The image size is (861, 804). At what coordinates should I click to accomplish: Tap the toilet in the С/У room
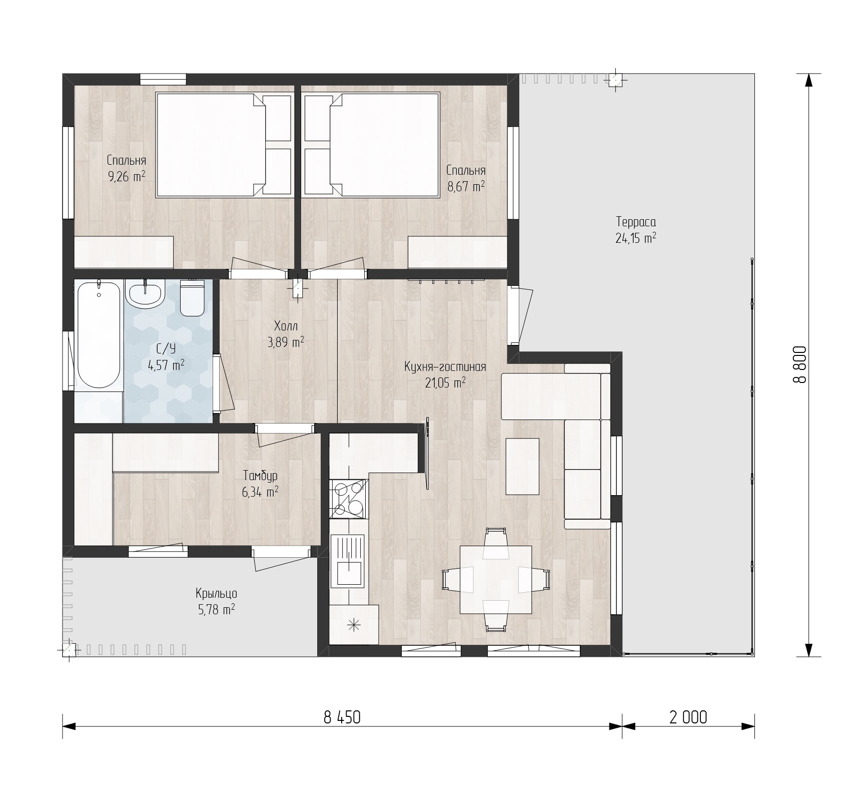click(x=193, y=298)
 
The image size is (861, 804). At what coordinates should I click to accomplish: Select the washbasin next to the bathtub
click(x=145, y=293)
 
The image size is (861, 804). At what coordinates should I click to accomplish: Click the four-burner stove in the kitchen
click(x=348, y=499)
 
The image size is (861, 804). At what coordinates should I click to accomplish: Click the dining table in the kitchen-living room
click(x=496, y=579)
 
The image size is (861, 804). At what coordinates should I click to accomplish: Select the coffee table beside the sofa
click(x=522, y=466)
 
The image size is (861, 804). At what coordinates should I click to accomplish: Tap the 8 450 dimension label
click(x=342, y=717)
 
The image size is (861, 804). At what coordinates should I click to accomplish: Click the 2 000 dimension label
click(x=688, y=717)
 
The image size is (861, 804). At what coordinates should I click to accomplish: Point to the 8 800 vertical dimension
click(x=800, y=364)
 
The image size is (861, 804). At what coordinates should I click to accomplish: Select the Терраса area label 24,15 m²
click(x=636, y=238)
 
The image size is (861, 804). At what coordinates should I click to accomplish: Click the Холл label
click(x=286, y=326)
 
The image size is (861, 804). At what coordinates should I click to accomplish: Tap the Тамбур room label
click(x=260, y=476)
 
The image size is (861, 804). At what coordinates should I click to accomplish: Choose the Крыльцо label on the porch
click(x=216, y=594)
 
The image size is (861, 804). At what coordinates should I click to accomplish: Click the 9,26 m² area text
click(x=127, y=176)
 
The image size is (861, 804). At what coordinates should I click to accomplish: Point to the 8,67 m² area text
click(x=466, y=187)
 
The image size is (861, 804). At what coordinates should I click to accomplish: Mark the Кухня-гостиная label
click(x=445, y=367)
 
